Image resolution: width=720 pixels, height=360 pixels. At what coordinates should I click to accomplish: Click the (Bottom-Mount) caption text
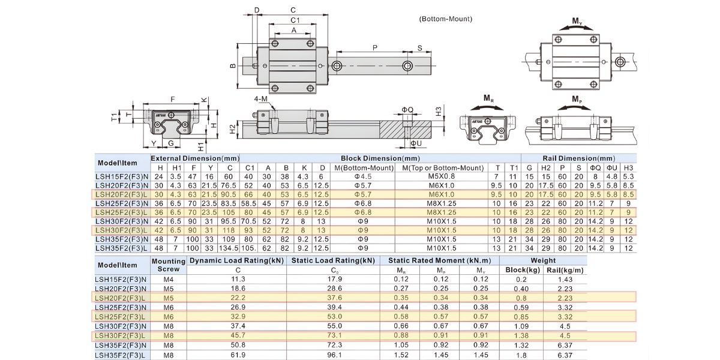tap(445, 19)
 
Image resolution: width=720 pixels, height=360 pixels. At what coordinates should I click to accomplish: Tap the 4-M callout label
tap(260, 98)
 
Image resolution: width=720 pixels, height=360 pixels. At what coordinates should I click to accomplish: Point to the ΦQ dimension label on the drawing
tap(407, 110)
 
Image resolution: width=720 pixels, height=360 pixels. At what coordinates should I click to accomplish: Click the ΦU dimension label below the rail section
tap(416, 143)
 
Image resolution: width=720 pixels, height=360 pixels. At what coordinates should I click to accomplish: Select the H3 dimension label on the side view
tap(439, 111)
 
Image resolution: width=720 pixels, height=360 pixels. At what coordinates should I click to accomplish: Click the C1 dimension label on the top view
tap(295, 20)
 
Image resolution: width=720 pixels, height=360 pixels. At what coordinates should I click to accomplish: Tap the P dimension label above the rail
tap(375, 48)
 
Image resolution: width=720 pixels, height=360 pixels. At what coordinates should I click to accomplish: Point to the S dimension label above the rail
tap(420, 48)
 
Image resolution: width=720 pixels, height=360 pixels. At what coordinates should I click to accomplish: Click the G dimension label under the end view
tap(170, 143)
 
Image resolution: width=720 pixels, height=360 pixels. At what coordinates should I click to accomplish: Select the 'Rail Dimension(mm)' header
tap(578, 158)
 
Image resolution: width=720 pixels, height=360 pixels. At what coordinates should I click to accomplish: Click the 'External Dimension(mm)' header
tap(195, 158)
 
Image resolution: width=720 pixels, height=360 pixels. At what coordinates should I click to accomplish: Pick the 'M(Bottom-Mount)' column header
tap(364, 168)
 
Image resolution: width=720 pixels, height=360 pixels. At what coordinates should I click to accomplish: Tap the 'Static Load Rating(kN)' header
tap(333, 260)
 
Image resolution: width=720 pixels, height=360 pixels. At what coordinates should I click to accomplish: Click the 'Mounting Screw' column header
tap(169, 265)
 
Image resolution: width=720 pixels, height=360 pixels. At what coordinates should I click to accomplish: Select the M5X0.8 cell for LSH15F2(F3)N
tap(442, 176)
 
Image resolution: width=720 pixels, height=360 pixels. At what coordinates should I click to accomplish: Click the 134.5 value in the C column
tap(229, 248)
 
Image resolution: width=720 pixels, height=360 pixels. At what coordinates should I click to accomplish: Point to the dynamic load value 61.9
tap(238, 355)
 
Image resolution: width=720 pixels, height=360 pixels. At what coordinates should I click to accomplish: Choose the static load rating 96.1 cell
tap(334, 355)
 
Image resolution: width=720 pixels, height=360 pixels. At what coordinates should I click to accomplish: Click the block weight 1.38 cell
tap(521, 335)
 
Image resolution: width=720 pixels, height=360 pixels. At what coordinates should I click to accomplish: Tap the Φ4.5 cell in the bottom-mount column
tap(363, 176)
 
